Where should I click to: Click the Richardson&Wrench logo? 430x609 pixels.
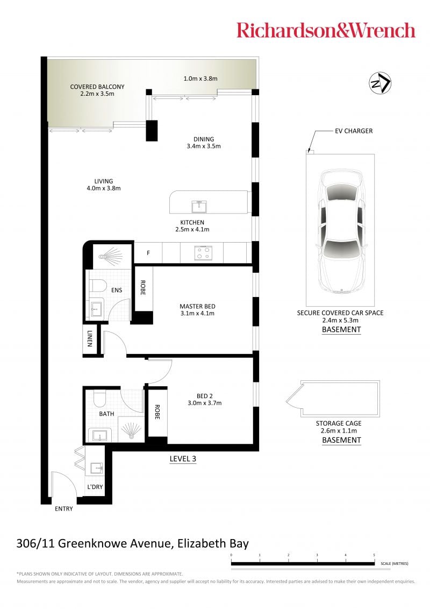click(326, 30)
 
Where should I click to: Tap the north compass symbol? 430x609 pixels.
click(379, 83)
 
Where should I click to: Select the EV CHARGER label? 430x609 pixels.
click(354, 131)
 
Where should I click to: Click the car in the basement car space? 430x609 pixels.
click(341, 230)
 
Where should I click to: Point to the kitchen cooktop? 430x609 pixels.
click(203, 253)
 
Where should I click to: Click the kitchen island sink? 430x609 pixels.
click(199, 206)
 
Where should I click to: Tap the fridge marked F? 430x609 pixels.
click(148, 253)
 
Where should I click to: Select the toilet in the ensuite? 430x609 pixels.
click(98, 286)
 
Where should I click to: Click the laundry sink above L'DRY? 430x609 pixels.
click(97, 468)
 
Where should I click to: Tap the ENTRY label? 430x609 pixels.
click(63, 508)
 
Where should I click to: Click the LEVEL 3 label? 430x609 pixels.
click(183, 458)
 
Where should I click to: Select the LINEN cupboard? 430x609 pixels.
click(90, 339)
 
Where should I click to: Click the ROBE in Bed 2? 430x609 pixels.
click(157, 413)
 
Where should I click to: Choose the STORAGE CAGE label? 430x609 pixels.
click(339, 423)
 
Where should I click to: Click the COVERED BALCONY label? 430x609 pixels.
click(97, 87)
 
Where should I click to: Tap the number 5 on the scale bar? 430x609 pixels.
click(374, 555)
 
